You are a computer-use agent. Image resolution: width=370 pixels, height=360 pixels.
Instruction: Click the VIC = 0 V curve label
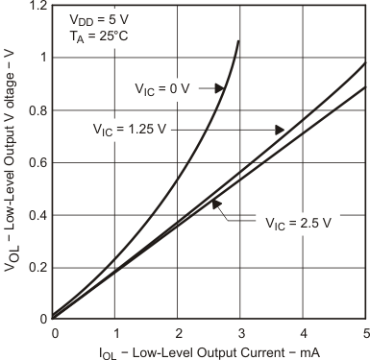pos(165,89)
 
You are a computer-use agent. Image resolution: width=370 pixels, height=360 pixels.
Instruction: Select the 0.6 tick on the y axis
pos(37,162)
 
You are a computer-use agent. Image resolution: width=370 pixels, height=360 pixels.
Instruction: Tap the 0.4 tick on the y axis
pos(37,215)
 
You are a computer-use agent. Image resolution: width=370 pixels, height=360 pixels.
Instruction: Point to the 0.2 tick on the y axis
pos(37,267)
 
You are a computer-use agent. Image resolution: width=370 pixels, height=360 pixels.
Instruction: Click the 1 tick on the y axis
pos(42,58)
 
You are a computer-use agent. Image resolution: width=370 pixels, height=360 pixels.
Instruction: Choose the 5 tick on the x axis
pos(365,332)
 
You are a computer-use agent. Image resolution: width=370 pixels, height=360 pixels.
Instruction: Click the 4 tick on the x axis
pos(304,332)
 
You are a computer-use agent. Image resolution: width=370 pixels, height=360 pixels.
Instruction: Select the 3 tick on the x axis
pos(241,332)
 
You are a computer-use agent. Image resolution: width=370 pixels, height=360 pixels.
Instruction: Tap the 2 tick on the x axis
pos(179,332)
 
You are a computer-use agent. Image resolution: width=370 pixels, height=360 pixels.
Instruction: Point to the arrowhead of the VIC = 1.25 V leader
pos(281,129)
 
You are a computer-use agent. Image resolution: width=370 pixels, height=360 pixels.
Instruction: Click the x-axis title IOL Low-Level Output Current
pos(209,351)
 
